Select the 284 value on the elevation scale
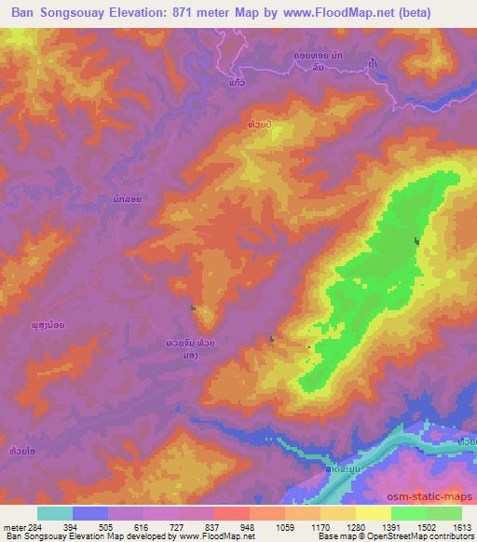pyautogui.click(x=38, y=526)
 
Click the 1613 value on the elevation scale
pyautogui.click(x=460, y=526)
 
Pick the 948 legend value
pyautogui.click(x=249, y=526)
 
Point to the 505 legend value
pyautogui.click(x=108, y=526)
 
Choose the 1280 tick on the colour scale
pyautogui.click(x=355, y=526)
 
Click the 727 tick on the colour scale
pyautogui.click(x=179, y=526)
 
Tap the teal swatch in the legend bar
pyautogui.click(x=56, y=513)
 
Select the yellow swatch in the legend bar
pyautogui.click(x=373, y=513)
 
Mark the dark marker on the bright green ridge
pyautogui.click(x=416, y=242)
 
